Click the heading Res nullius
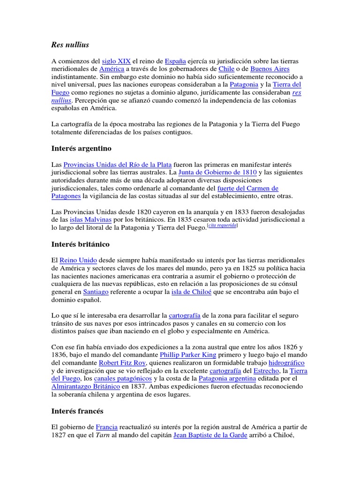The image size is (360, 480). [70, 45]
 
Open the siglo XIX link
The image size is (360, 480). [116, 61]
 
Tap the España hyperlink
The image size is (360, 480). [176, 61]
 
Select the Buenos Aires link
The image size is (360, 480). [270, 69]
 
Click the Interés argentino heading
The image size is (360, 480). [81, 149]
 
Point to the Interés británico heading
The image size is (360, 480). [80, 244]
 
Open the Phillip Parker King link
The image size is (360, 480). [188, 355]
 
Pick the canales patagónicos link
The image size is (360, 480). [123, 378]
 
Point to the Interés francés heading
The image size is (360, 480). [77, 411]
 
